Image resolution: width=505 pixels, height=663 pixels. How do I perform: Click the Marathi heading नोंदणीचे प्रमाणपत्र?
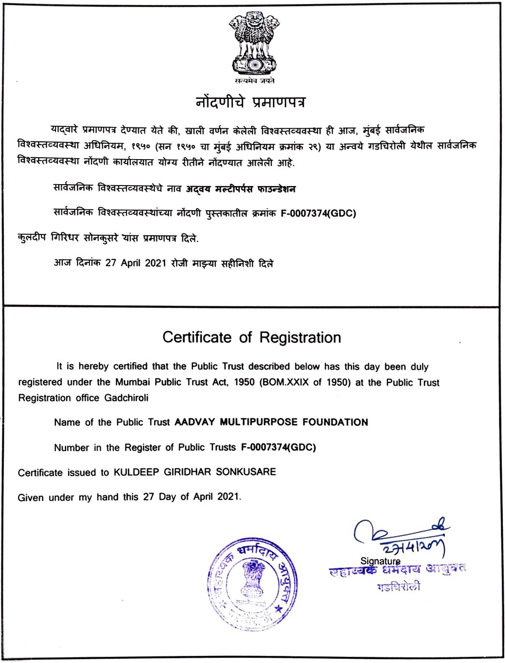251,102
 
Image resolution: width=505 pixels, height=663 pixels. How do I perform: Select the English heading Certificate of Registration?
252,337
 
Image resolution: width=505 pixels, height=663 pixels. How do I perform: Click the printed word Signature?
380,561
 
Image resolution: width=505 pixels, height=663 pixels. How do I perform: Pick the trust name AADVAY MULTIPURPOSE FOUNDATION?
271,422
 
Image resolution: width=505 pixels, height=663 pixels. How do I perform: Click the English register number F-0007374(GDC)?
278,447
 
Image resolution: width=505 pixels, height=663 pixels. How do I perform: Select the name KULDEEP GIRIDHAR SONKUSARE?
195,472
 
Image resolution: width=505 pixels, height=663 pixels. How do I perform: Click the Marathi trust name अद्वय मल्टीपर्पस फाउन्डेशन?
241,189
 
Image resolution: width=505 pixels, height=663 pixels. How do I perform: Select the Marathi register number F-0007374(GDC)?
318,213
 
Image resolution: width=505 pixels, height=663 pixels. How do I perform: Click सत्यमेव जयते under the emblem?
252,81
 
